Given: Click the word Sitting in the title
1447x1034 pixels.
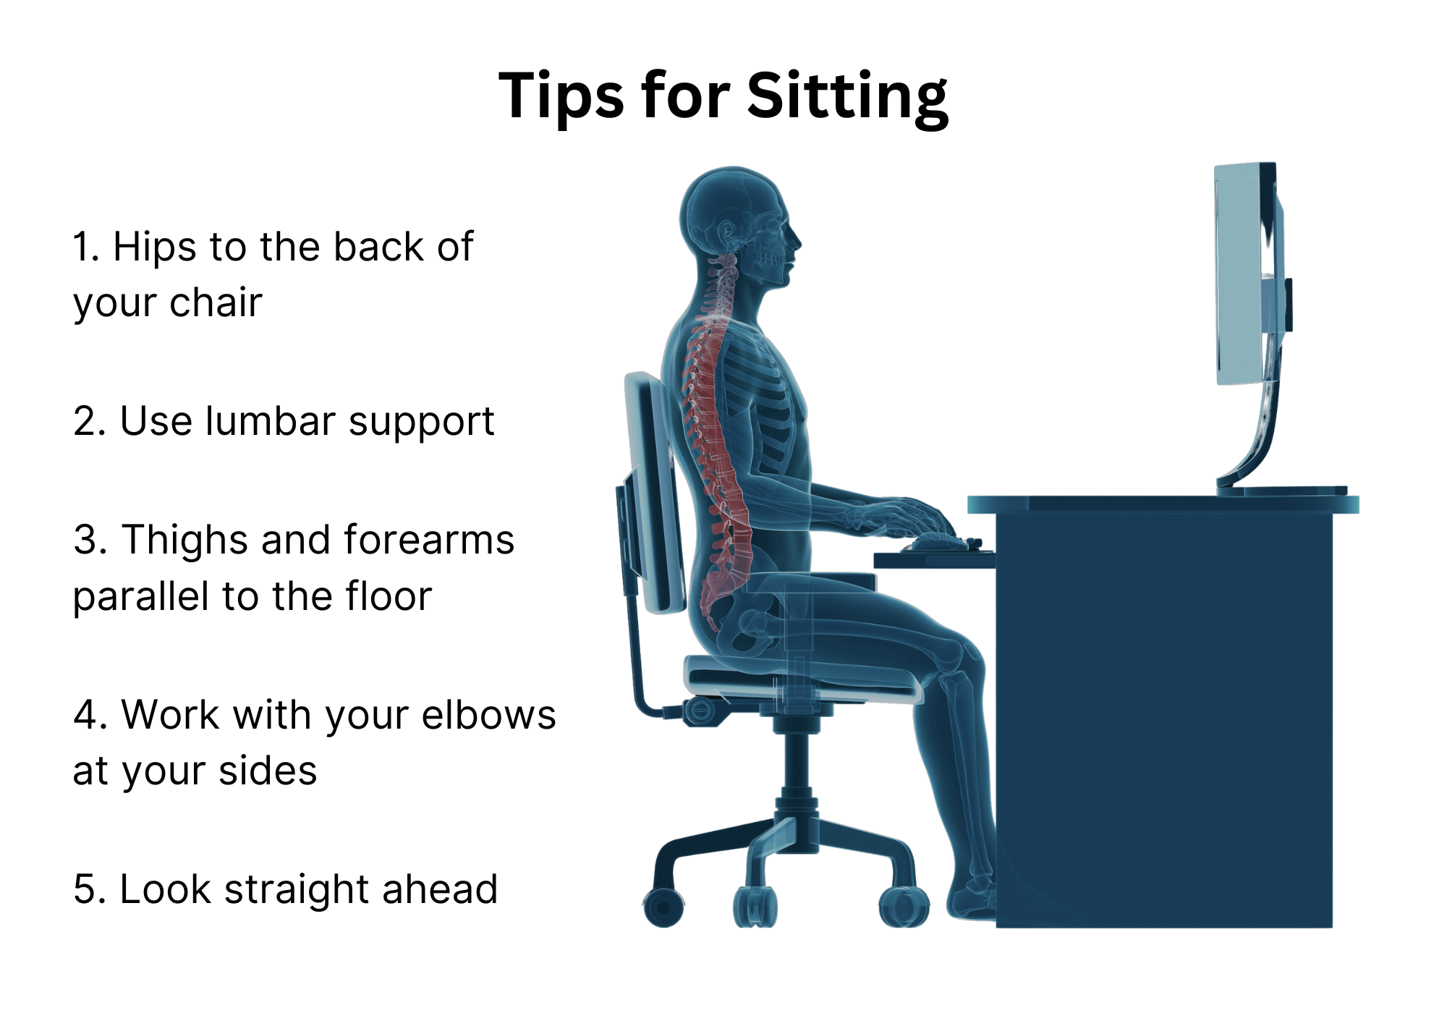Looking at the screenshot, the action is (x=847, y=98).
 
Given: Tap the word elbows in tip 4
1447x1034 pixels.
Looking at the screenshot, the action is (x=489, y=715).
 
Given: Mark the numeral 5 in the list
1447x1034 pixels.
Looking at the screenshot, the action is (x=84, y=889).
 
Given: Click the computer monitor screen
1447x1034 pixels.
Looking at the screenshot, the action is (x=1241, y=274).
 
